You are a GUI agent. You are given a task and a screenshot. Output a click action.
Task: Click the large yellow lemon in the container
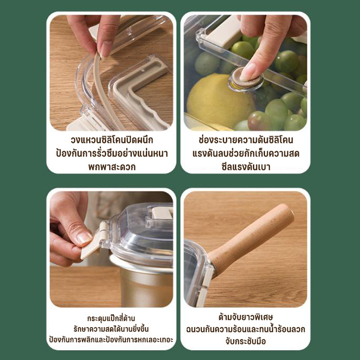point(220,101)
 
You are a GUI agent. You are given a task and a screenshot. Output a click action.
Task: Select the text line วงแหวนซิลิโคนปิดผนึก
point(112,140)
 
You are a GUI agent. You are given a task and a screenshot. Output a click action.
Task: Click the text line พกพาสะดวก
point(112,167)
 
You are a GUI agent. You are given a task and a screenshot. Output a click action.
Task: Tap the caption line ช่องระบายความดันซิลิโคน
point(246,140)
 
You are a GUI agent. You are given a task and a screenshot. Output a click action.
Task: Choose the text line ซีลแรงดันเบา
point(246,167)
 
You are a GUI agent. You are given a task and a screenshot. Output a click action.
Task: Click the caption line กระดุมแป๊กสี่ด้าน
point(111,319)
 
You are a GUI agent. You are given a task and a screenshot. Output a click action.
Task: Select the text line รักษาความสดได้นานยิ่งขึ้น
point(111,329)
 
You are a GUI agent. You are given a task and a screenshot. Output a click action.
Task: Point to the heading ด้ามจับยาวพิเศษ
point(246,317)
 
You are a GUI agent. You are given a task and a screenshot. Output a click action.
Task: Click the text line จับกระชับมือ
point(246,341)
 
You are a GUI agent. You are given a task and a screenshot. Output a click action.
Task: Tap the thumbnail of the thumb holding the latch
point(85,238)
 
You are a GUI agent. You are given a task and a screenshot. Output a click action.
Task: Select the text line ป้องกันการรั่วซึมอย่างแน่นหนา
point(112,153)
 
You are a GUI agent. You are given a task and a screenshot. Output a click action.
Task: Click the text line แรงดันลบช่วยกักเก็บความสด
point(246,153)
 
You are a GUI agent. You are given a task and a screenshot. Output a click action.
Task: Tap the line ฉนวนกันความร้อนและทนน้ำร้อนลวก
point(246,329)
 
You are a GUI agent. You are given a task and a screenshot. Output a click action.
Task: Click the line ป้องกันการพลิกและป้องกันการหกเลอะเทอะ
point(111,340)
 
